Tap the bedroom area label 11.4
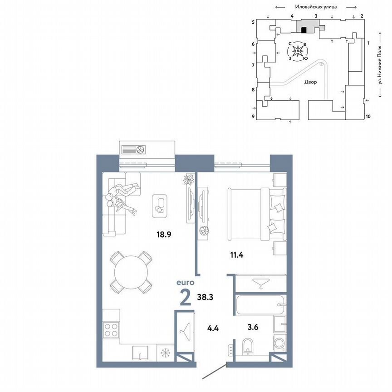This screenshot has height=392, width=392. point(236,255)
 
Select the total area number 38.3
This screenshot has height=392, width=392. point(206,297)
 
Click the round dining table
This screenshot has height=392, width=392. point(131,272)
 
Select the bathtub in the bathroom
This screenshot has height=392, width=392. point(260,305)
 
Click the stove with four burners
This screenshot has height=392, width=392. point(111,329)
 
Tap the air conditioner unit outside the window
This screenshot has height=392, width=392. point(147,149)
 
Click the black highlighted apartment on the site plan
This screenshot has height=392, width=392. point(304,30)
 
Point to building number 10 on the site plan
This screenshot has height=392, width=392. point(368,116)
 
